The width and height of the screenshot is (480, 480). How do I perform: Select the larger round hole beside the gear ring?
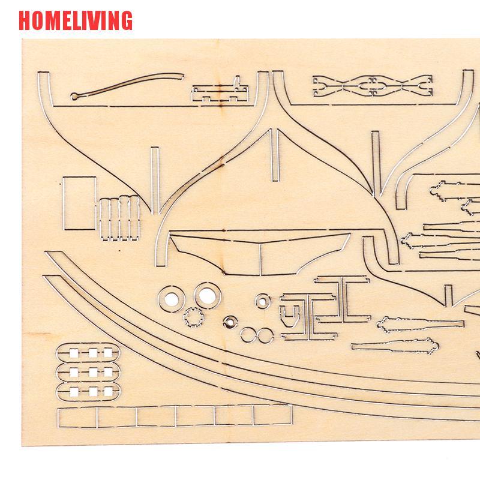206,294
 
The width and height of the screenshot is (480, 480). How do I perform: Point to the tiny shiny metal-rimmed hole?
229,323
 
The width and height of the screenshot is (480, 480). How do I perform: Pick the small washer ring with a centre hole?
262,300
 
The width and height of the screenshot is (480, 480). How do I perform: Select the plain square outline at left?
79,203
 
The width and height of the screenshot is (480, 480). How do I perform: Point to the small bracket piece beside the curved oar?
220,90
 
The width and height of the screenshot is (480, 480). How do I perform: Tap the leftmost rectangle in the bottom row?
79,418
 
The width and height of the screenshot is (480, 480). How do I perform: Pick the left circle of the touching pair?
248,335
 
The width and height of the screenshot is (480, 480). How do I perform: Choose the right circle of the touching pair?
265,335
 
